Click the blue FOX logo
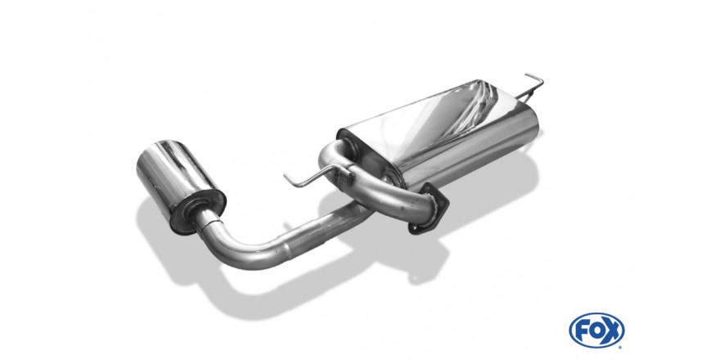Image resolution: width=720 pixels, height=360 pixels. [596, 331]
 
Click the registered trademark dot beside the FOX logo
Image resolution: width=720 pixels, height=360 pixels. [620, 347]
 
